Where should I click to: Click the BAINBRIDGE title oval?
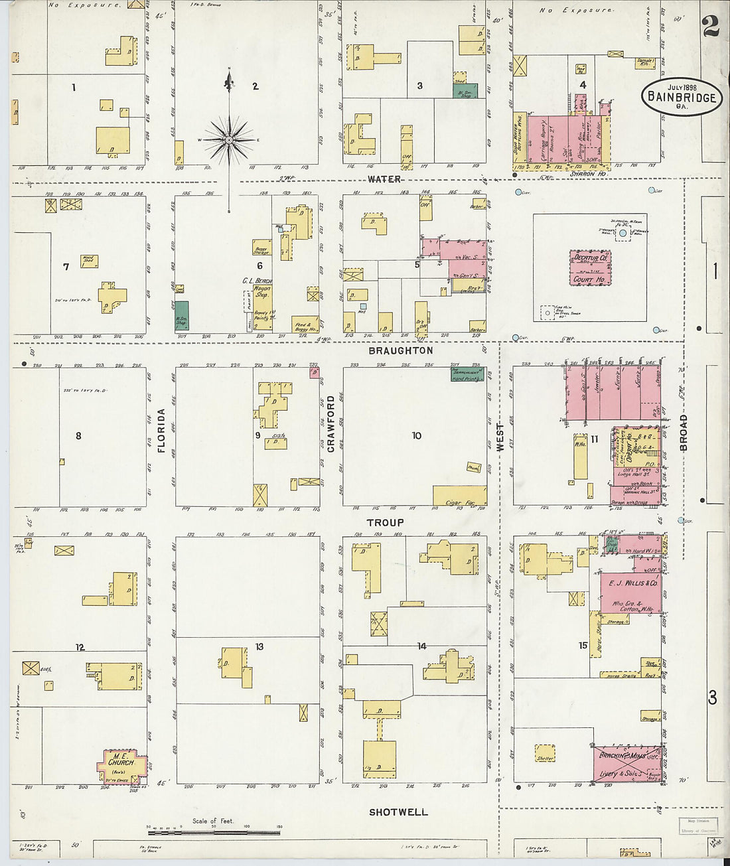coord(681,97)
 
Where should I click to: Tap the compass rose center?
coord(229,140)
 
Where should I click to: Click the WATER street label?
coord(384,179)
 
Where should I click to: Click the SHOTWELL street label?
coord(398,812)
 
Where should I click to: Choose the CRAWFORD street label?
coord(330,424)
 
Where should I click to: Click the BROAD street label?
coord(683,433)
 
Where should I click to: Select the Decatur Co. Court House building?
coord(590,268)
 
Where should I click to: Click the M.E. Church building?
coord(121,766)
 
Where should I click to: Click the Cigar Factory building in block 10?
coord(459,496)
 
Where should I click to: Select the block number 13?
coord(259,646)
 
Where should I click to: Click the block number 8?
coord(78,436)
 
